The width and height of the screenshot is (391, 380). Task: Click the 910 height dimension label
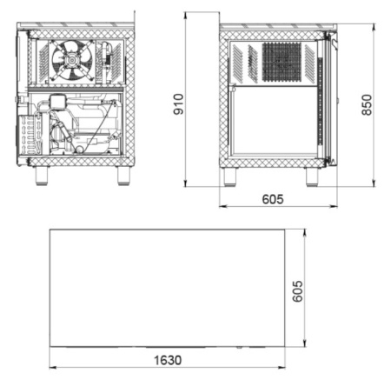(178, 104)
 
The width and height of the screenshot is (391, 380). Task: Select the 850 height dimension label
(367, 105)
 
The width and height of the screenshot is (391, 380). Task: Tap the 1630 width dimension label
(168, 360)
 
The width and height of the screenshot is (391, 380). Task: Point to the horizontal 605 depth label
(273, 199)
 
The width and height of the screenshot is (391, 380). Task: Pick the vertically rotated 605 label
(297, 291)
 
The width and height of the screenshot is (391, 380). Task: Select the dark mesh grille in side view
(282, 62)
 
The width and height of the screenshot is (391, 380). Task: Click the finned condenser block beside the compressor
(30, 135)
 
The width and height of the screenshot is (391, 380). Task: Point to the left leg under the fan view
(42, 176)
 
